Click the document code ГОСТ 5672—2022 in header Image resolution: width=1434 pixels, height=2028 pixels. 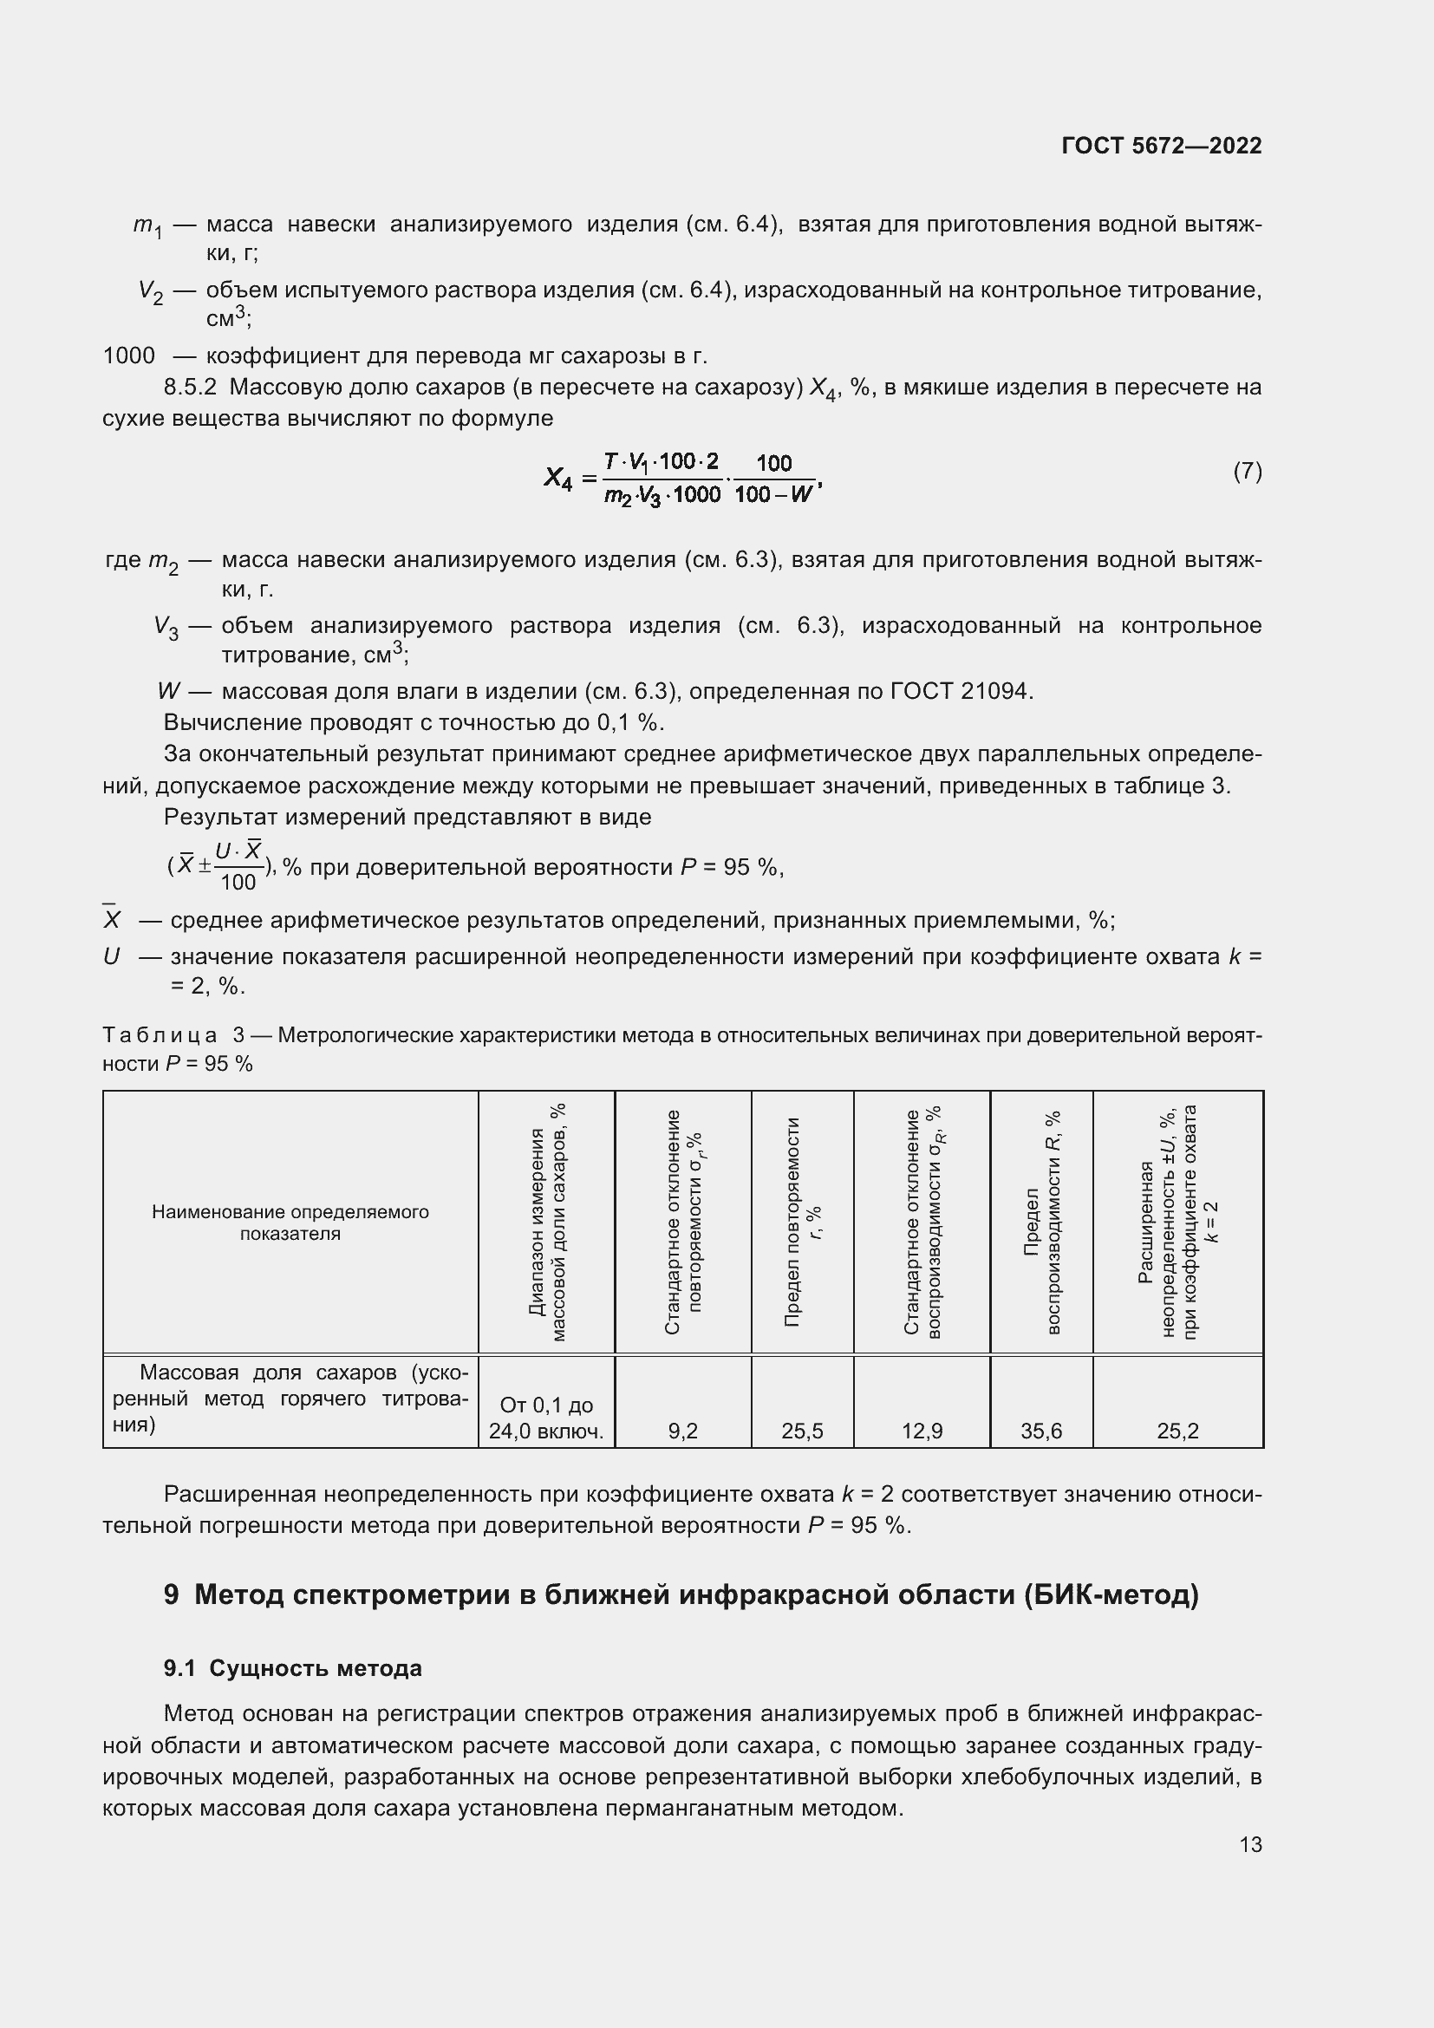coord(1161,146)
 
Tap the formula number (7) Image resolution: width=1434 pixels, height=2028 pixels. coord(1247,472)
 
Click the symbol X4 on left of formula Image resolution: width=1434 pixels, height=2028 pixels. coord(558,479)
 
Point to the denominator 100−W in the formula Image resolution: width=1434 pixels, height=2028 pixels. coord(772,494)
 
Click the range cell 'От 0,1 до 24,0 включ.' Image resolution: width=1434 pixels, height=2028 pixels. coord(545,1418)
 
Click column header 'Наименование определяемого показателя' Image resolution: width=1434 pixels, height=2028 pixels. coord(290,1223)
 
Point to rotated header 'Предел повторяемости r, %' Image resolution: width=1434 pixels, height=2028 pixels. coord(802,1223)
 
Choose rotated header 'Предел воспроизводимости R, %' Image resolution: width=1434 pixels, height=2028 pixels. coord(1041,1223)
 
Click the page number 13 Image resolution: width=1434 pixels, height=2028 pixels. coord(1250,1845)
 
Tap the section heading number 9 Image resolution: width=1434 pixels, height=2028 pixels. coord(172,1595)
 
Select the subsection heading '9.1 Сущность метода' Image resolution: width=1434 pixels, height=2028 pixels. coord(292,1668)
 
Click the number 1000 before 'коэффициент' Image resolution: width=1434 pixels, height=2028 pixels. coord(129,356)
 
